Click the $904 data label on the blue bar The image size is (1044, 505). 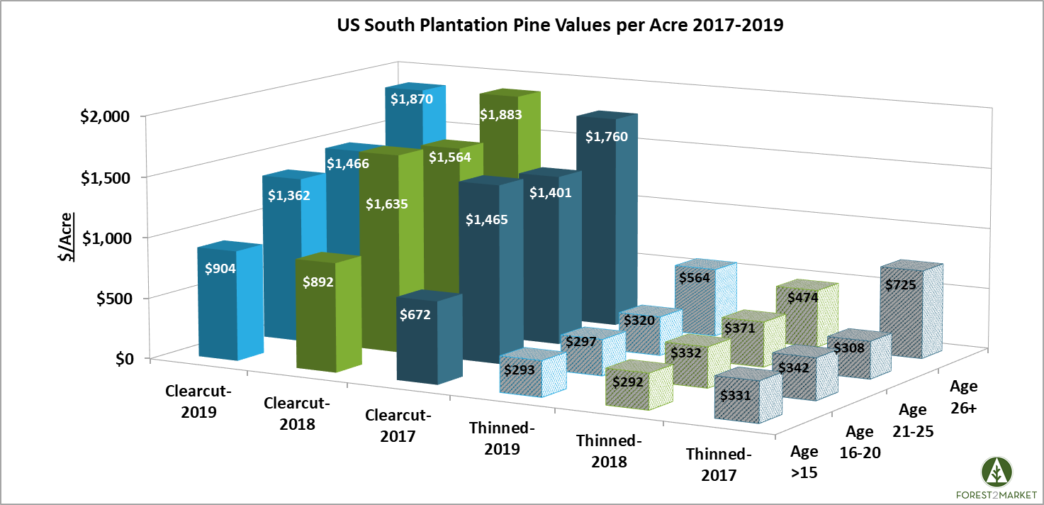(x=220, y=269)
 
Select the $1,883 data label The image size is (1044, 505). (x=500, y=114)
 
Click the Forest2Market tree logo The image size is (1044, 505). (x=997, y=472)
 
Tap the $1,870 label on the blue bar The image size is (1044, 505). (x=407, y=100)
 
